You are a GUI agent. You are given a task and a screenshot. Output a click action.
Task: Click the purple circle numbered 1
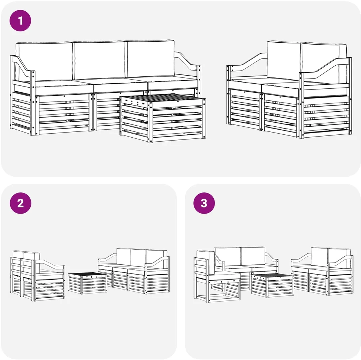20,20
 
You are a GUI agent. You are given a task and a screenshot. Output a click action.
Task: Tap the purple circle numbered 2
20,203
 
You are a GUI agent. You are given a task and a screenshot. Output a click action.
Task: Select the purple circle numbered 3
204,203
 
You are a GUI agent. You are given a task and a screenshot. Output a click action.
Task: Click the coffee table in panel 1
163,118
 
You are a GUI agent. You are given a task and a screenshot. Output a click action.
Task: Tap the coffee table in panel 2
87,283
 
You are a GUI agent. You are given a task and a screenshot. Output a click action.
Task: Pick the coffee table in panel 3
272,285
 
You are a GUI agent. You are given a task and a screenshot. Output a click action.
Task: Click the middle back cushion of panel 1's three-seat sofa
99,60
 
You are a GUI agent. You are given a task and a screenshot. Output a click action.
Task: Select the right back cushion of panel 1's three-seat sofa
150,59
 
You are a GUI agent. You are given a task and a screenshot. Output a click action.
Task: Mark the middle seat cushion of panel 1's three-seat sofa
121,85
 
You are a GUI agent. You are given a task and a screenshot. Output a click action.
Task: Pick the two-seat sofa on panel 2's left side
38,276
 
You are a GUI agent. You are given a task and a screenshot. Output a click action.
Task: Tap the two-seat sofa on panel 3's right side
322,271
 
